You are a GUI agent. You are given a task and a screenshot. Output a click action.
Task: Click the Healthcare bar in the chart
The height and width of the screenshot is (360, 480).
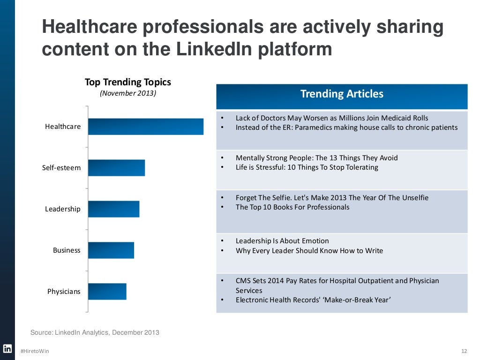click(x=146, y=127)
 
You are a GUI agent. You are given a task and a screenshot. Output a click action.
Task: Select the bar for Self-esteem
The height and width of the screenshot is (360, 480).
click(x=116, y=168)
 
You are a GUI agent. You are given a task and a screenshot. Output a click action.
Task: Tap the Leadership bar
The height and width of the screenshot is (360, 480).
click(x=113, y=209)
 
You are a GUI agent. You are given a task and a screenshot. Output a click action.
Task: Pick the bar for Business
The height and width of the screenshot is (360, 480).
click(x=111, y=250)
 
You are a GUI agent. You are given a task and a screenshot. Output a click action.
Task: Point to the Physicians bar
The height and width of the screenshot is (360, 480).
click(x=107, y=292)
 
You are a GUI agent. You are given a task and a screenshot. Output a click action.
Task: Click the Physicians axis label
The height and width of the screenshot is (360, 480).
click(x=64, y=292)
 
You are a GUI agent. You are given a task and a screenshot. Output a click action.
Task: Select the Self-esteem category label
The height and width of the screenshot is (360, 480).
click(x=61, y=168)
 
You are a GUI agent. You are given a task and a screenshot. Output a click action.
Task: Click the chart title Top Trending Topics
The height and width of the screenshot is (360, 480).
click(x=128, y=82)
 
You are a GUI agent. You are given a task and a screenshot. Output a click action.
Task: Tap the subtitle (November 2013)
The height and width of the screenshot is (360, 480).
click(x=128, y=93)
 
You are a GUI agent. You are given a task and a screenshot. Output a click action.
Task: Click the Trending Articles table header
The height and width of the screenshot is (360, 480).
click(x=342, y=94)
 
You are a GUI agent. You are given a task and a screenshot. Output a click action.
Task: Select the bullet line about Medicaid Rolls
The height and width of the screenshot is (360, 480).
click(x=331, y=118)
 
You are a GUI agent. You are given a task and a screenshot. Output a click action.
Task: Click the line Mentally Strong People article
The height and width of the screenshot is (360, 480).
click(x=316, y=158)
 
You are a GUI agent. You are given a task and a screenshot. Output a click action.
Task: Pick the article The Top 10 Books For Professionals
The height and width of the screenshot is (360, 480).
click(x=292, y=207)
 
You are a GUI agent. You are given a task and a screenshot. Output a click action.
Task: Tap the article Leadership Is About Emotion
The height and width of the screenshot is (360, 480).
click(x=282, y=241)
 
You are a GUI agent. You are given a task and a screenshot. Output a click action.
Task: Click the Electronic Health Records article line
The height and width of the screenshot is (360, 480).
click(x=313, y=300)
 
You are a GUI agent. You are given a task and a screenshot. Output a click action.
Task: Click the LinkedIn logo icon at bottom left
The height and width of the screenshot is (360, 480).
click(x=7, y=348)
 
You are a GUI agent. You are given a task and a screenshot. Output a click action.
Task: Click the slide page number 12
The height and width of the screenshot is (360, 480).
click(x=464, y=351)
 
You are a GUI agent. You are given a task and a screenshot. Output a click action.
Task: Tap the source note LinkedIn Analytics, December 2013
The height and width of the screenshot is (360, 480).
click(x=95, y=333)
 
